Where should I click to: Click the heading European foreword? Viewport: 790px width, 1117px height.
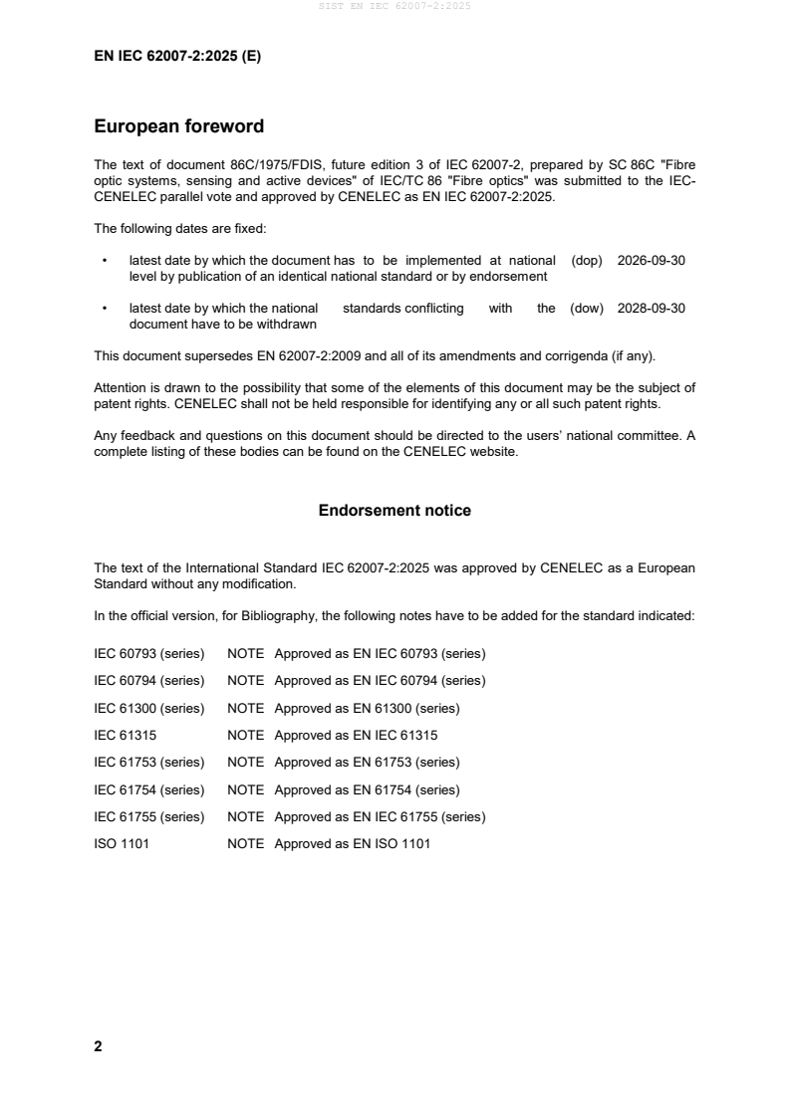178,126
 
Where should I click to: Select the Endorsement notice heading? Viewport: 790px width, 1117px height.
395,511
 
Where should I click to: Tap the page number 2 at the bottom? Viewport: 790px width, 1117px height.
98,1046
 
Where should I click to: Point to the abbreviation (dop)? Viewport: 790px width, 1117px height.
587,261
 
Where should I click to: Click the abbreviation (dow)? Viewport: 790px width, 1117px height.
587,309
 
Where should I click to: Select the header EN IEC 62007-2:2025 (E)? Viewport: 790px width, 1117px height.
177,57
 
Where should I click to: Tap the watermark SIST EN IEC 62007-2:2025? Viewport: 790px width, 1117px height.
395,6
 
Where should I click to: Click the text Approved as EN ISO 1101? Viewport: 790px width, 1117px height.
352,844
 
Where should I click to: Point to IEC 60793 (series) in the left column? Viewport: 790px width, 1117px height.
148,654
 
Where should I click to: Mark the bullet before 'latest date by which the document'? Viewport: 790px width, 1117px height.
105,261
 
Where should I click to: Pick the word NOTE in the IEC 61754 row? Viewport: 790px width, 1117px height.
245,790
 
